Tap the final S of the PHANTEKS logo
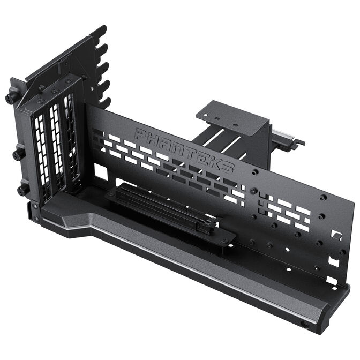(228, 167)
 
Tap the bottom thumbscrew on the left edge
(22, 190)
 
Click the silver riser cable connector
(285, 141)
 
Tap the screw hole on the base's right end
(305, 324)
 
